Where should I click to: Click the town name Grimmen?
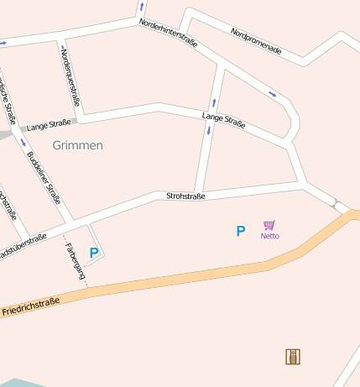tap(77, 145)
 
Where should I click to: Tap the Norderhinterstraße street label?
tap(168, 32)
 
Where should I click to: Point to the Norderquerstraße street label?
tap(71, 77)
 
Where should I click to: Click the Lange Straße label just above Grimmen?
tap(49, 126)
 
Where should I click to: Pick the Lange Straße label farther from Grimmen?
tap(224, 120)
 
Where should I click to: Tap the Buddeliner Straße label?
tap(44, 177)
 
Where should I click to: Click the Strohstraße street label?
tap(186, 196)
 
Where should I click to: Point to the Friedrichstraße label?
tap(30, 306)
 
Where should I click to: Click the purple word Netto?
tap(269, 236)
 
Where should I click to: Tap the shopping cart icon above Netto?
tap(269, 225)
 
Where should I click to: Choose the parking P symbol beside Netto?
tap(241, 231)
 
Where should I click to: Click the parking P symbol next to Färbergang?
tap(94, 252)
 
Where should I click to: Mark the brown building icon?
tap(293, 357)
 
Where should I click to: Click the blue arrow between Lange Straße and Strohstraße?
tap(208, 133)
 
